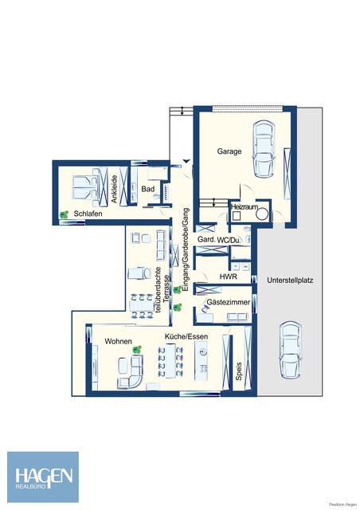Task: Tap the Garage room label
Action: pyautogui.click(x=230, y=150)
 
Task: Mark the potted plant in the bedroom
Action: pyautogui.click(x=63, y=214)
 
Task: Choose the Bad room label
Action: pyautogui.click(x=148, y=190)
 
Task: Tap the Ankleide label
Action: pyautogui.click(x=115, y=190)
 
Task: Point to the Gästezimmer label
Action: pyautogui.click(x=225, y=304)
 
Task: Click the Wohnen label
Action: pyautogui.click(x=118, y=341)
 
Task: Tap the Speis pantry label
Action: pyautogui.click(x=238, y=371)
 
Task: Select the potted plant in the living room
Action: pyautogui.click(x=137, y=348)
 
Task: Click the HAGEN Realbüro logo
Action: pyautogui.click(x=43, y=477)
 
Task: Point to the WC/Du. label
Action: pyautogui.click(x=236, y=241)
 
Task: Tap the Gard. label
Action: pyautogui.click(x=205, y=241)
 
